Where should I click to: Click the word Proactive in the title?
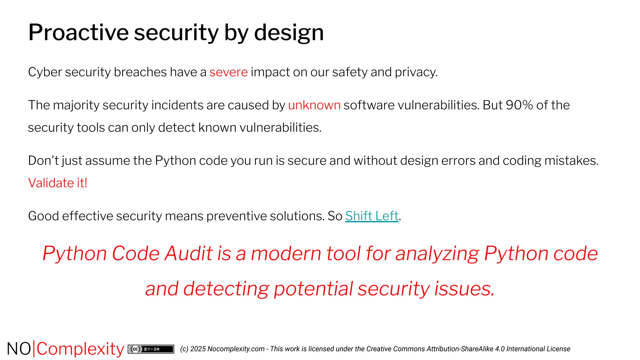point(78,32)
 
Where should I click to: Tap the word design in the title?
point(289,32)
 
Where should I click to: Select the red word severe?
point(228,72)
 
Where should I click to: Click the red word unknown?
point(314,105)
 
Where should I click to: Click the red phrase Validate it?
point(58,183)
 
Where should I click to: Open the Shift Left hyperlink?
point(372,216)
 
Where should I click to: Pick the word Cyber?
point(45,72)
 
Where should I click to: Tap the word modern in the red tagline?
point(286,253)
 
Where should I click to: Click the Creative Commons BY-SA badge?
point(151,349)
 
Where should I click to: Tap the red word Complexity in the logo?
point(80,349)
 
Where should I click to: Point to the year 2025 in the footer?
point(198,349)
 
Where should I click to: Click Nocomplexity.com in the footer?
point(236,349)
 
